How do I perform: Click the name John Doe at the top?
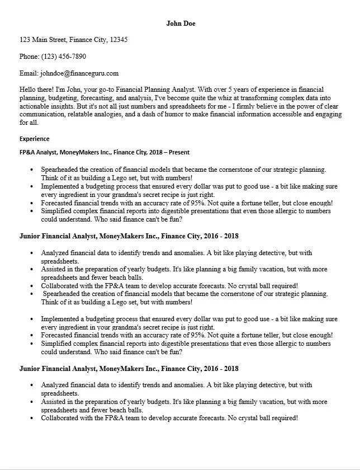pos(181,23)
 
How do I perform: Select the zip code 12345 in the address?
pos(119,40)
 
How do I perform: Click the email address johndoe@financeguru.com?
pos(79,73)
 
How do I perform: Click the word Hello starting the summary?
pos(29,89)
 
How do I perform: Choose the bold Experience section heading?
pos(34,139)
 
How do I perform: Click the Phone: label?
pos(30,57)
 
